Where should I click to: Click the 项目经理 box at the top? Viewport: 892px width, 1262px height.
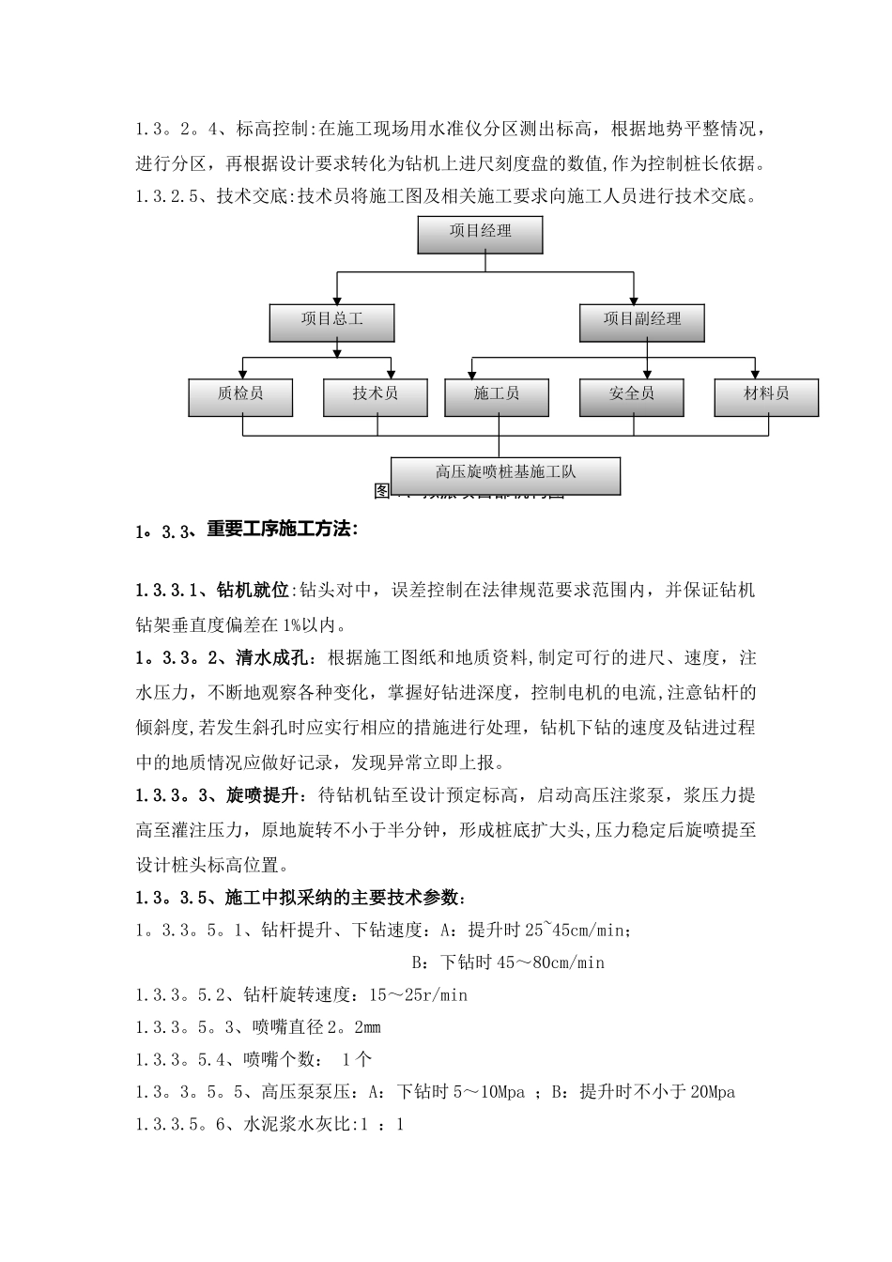tap(480, 233)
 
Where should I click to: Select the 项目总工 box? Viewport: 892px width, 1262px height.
tap(331, 321)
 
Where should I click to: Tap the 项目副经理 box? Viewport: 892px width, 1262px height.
tap(642, 321)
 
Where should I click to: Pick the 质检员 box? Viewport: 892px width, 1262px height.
tap(240, 395)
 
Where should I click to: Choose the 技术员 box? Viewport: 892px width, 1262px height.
tap(376, 395)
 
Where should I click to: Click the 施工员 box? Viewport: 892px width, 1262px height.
tap(497, 395)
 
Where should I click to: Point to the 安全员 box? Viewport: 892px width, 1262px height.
tap(631, 395)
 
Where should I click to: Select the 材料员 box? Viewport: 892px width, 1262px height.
tap(766, 395)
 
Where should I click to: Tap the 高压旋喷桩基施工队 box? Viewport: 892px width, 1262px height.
tap(505, 474)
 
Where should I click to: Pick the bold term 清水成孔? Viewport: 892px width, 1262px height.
tap(266, 658)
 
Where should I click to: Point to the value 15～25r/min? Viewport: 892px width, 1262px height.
tap(418, 995)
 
